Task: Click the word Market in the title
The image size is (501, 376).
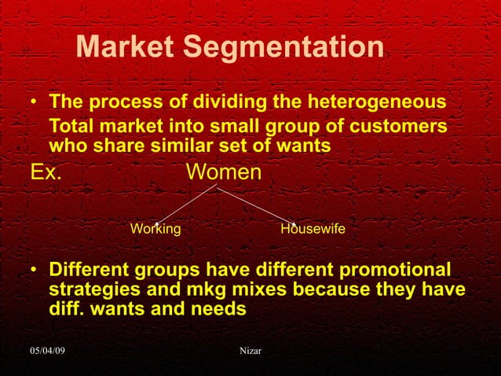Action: [x=126, y=48]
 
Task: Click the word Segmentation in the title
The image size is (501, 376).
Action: [x=284, y=49]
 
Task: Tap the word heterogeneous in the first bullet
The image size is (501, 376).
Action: [x=379, y=103]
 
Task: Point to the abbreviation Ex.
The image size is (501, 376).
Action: [x=46, y=171]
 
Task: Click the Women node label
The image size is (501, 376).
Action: [x=223, y=171]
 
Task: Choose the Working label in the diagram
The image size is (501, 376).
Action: [x=155, y=230]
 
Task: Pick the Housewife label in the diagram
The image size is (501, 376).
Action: [x=313, y=230]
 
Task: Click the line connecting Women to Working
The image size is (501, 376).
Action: [x=185, y=205]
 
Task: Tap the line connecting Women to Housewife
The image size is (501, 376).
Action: [x=255, y=205]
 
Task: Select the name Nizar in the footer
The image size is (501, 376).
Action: [x=250, y=349]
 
